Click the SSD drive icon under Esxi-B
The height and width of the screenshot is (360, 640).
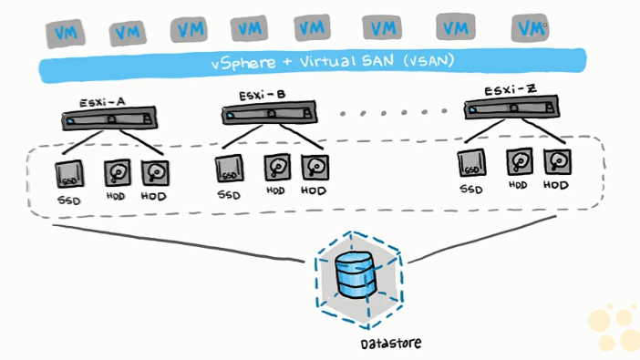click(x=229, y=170)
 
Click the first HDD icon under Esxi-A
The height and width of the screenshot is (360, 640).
click(x=117, y=172)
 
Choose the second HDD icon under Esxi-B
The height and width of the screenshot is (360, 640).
click(x=315, y=168)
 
